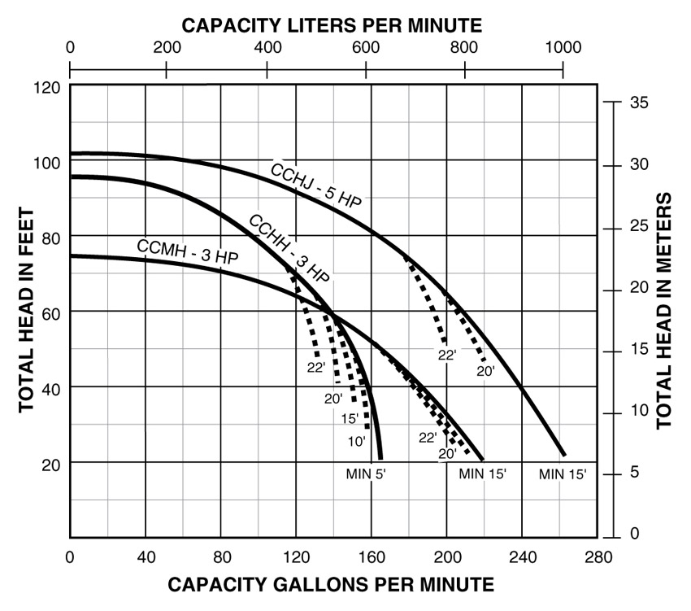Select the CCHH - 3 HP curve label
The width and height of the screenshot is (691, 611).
(289, 248)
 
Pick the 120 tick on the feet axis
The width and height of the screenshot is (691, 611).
(48, 86)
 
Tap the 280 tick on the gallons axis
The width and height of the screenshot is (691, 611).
(596, 557)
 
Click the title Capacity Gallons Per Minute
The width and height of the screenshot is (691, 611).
(330, 584)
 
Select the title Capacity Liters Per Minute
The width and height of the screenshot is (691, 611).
(331, 24)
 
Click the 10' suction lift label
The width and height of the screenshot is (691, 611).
(357, 441)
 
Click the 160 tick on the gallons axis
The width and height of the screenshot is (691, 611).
(372, 557)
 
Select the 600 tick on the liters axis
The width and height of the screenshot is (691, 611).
(365, 47)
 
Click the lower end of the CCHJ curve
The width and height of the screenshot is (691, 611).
(563, 455)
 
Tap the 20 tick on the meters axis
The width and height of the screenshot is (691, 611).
(637, 288)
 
